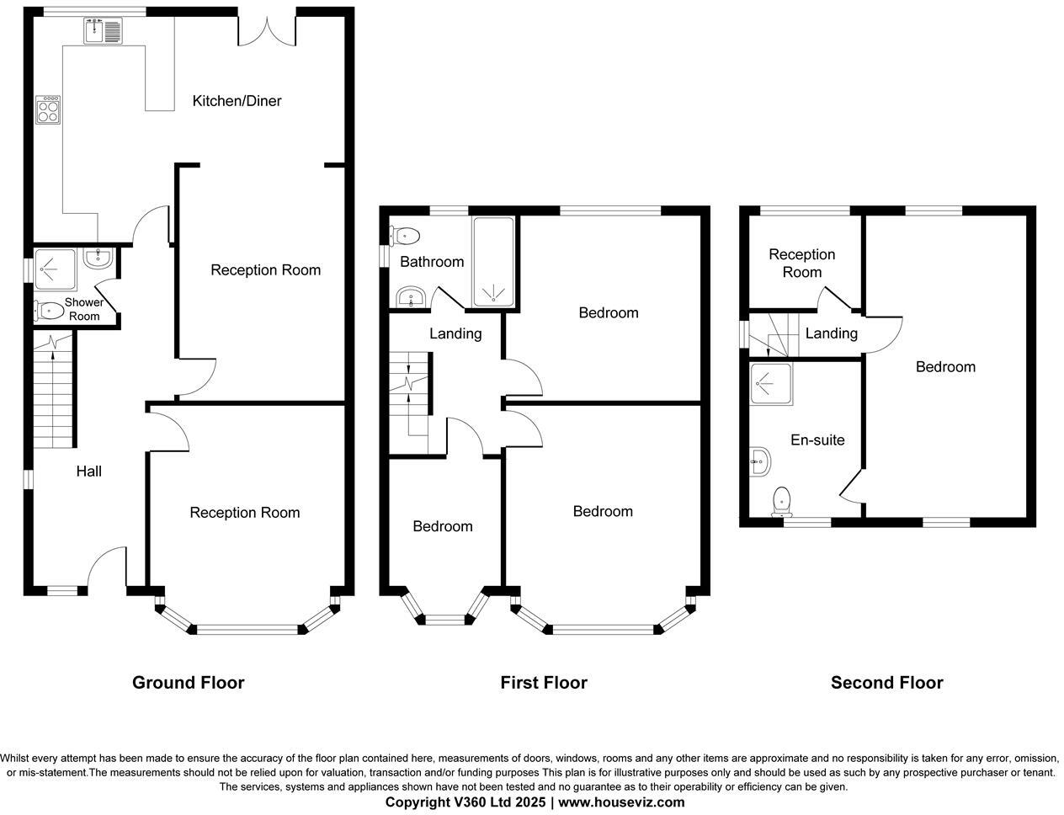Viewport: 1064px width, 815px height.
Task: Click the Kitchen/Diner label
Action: pyautogui.click(x=237, y=101)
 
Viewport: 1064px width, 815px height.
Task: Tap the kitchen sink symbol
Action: pyautogui.click(x=103, y=31)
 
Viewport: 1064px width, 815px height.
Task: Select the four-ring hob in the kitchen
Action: pyautogui.click(x=48, y=109)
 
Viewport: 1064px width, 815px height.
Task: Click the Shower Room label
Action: pyautogui.click(x=84, y=309)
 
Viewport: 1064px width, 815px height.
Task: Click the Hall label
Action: pyautogui.click(x=89, y=471)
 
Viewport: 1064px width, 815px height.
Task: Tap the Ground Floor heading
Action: pyautogui.click(x=188, y=683)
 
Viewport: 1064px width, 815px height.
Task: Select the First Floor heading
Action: pyautogui.click(x=543, y=683)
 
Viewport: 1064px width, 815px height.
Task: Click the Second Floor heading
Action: pyautogui.click(x=886, y=683)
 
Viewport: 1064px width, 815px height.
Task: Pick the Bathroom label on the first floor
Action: pyautogui.click(x=432, y=262)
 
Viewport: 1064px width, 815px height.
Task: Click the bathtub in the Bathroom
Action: pyautogui.click(x=494, y=261)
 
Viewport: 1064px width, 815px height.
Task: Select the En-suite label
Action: pyautogui.click(x=817, y=439)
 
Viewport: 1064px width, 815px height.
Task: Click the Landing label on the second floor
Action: pyautogui.click(x=831, y=333)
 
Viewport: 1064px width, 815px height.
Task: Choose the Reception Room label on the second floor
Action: pyautogui.click(x=801, y=263)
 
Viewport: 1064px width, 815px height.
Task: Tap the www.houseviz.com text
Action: pyautogui.click(x=621, y=802)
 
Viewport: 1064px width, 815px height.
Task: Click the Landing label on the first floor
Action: pyautogui.click(x=455, y=333)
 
